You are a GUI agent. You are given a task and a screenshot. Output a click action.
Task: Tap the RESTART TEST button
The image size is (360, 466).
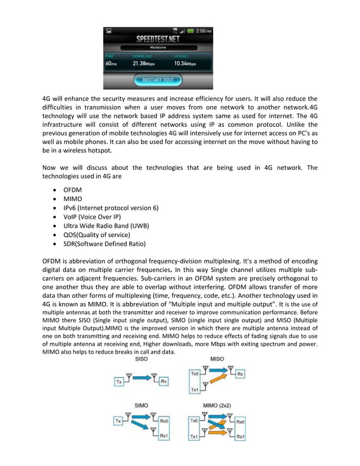[158, 80]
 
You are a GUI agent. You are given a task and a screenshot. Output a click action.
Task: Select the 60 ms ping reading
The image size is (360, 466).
[112, 64]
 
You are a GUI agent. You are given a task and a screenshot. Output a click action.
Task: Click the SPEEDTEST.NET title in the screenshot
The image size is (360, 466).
[158, 39]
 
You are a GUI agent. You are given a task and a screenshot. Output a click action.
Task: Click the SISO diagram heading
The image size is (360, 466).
[142, 359]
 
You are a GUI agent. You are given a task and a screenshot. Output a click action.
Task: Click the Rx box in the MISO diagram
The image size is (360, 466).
[240, 374]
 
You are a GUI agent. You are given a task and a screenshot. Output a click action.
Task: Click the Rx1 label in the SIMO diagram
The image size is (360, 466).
[164, 436]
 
